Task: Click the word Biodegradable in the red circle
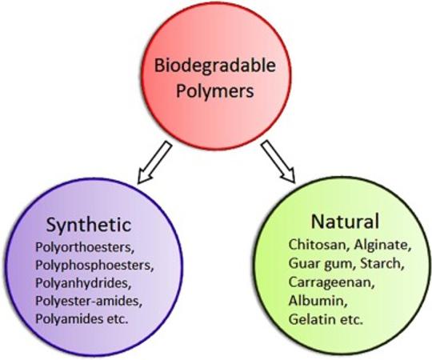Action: [215, 66]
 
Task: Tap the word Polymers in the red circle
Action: [215, 91]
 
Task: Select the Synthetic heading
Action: [89, 226]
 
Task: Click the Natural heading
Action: [345, 221]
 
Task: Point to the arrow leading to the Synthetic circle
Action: [154, 162]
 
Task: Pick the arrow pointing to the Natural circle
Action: [278, 162]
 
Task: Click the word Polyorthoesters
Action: [85, 248]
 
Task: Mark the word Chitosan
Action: [319, 245]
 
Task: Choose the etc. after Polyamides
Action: [118, 319]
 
